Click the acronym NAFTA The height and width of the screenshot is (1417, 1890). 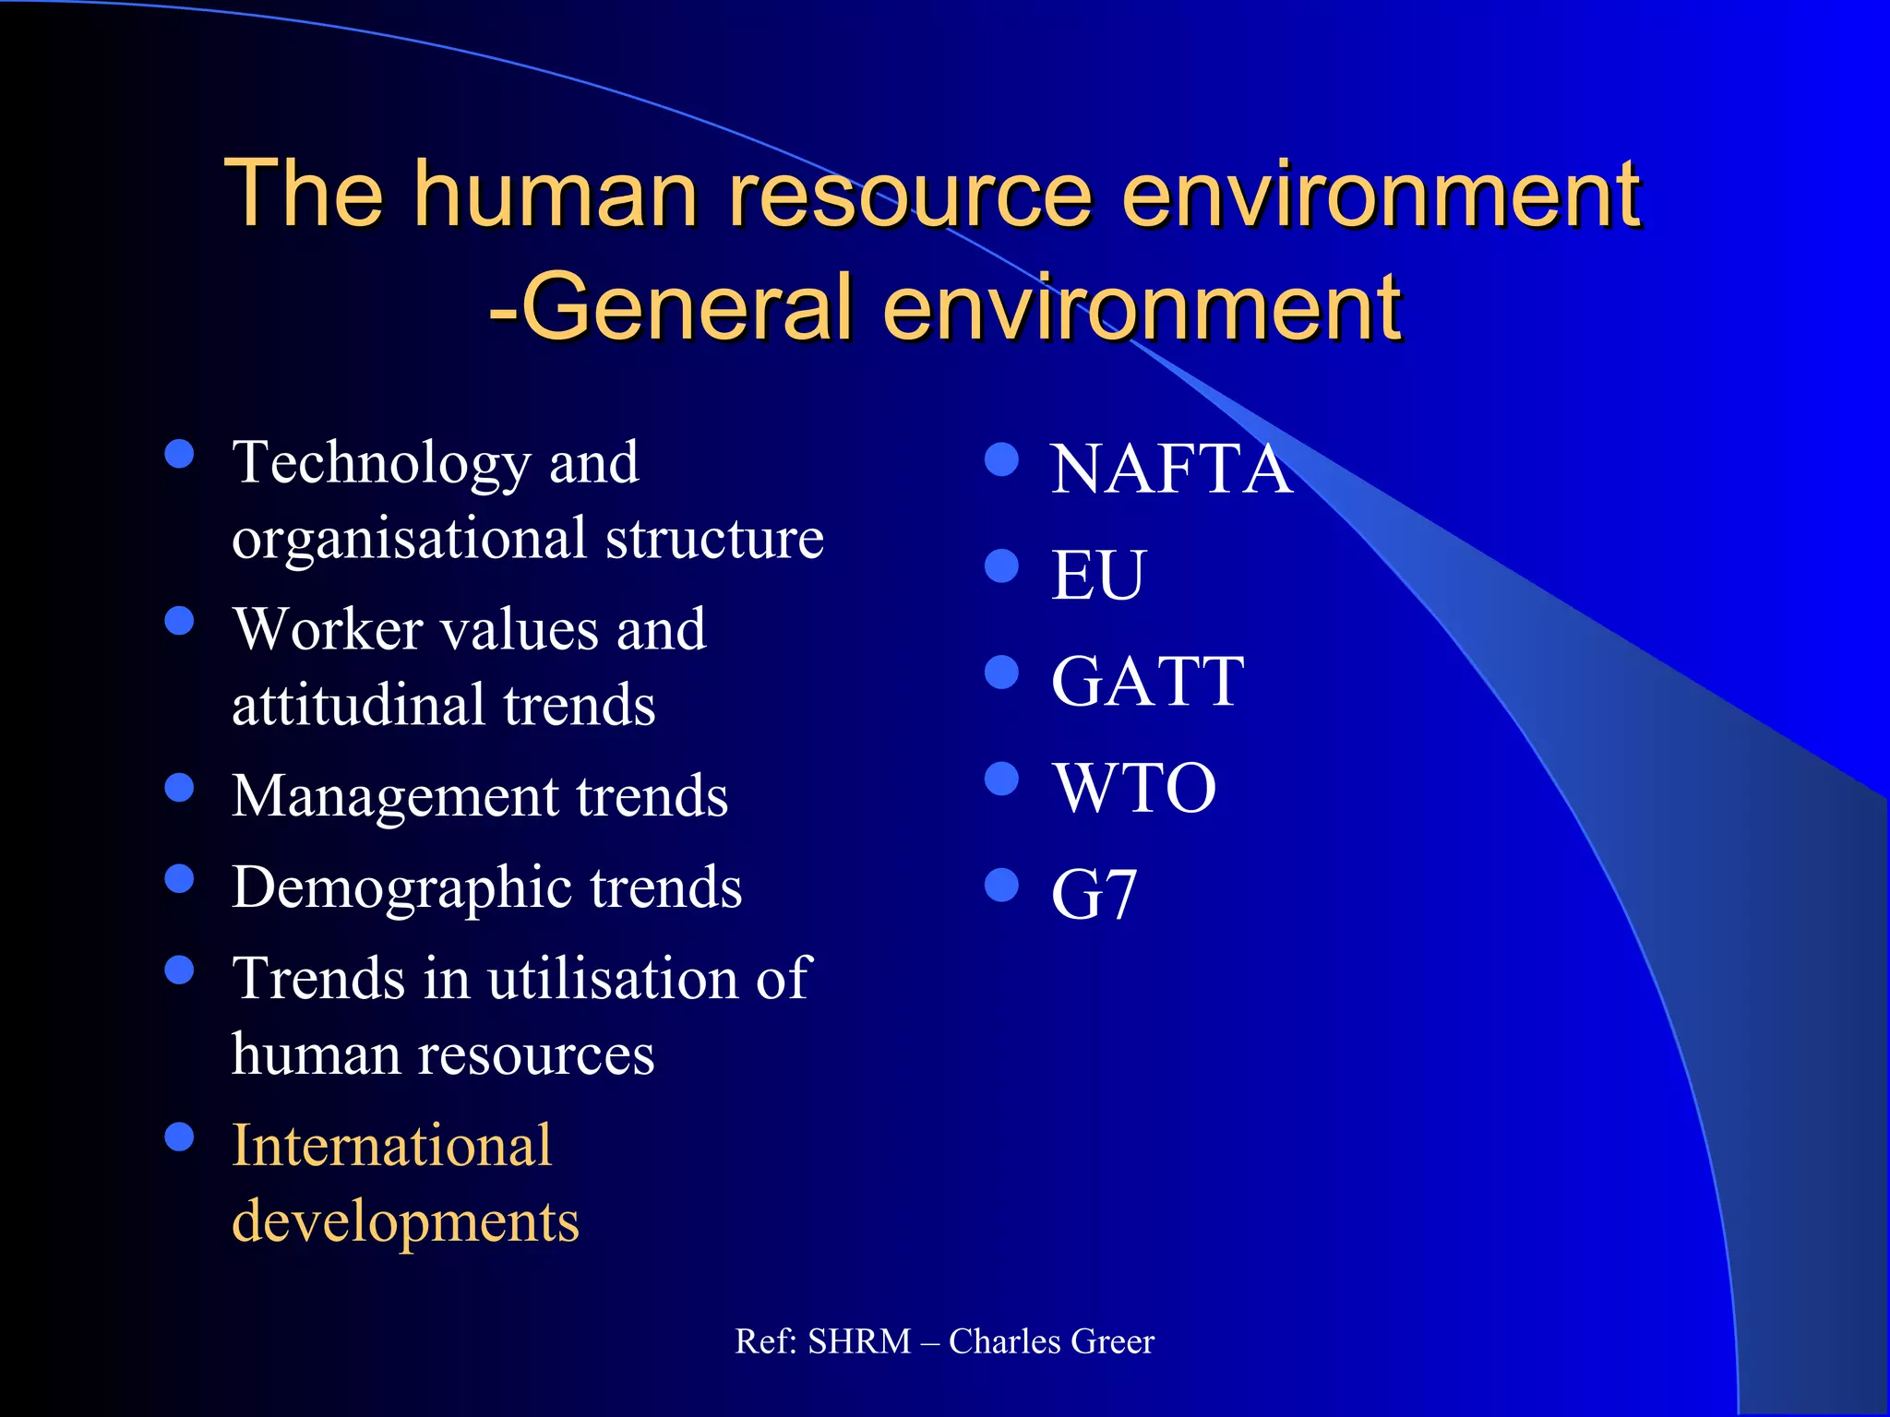pos(1170,470)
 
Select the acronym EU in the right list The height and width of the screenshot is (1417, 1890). pos(1097,576)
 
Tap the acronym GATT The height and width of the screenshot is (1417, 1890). pos(1147,682)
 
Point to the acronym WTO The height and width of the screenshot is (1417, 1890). pos(1134,789)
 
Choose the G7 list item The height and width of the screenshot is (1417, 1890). pos(1094,895)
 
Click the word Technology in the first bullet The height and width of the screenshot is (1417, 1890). pos(382,464)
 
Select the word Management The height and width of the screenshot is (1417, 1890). pos(395,797)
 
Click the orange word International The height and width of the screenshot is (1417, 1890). pos(391,1146)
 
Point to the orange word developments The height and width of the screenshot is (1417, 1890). pos(405,1222)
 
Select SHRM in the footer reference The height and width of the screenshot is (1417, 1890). pos(859,1341)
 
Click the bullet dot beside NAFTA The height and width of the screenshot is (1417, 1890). pos(1001,458)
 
